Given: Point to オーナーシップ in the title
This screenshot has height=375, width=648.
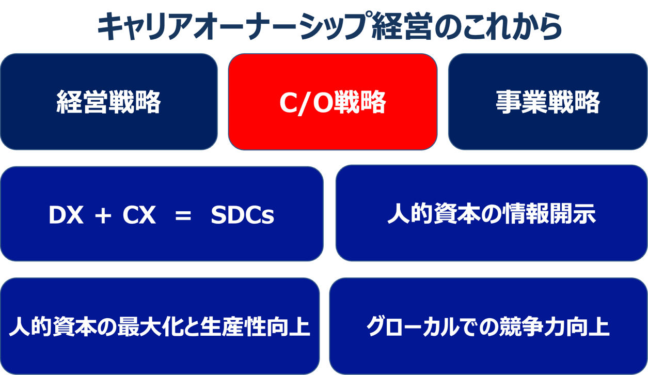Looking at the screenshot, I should [281, 27].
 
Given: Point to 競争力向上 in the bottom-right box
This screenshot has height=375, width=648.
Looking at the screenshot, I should [558, 327].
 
